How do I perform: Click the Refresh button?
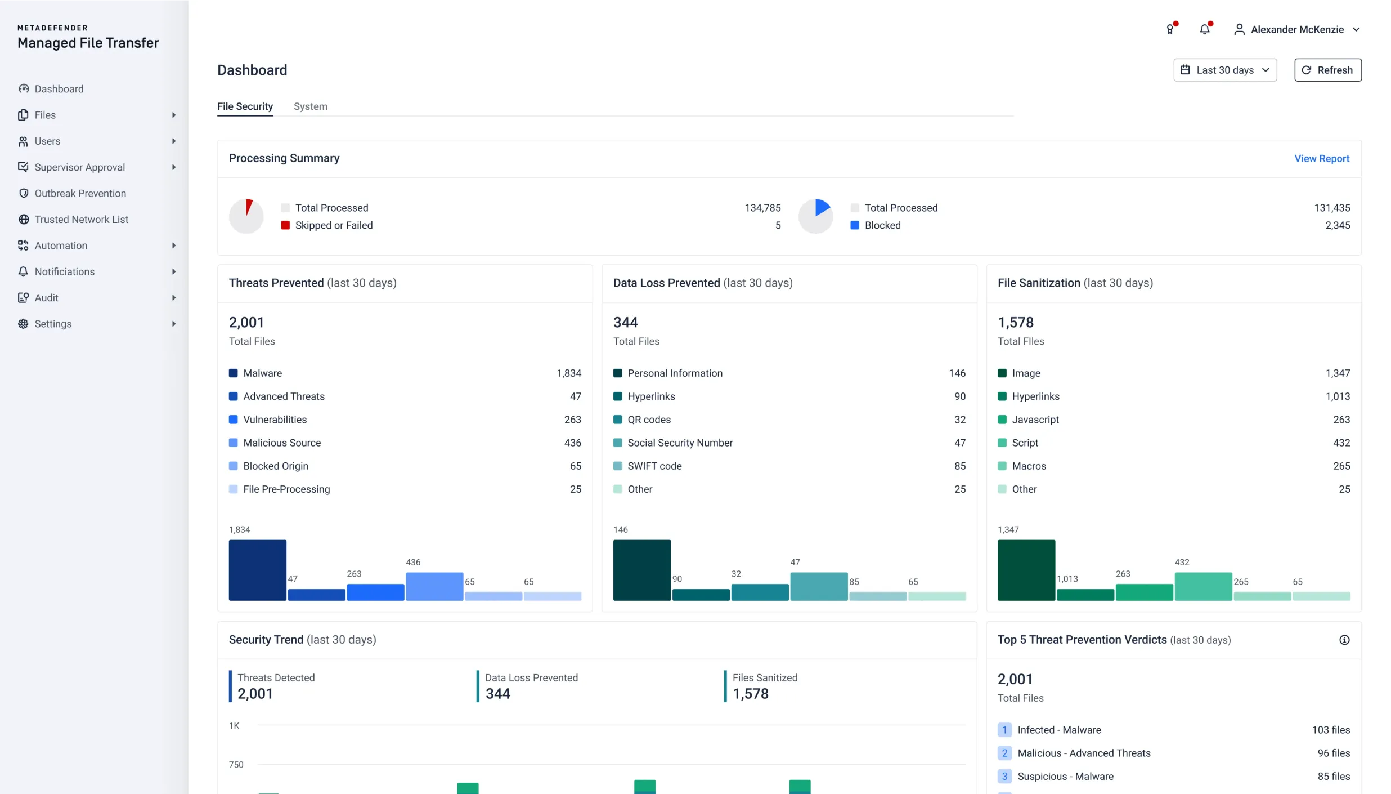[1327, 70]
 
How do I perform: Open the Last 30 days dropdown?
[1224, 70]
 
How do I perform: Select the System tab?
[310, 106]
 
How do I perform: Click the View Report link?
[1321, 158]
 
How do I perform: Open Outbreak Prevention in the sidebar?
[80, 193]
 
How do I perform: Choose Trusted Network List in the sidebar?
[81, 219]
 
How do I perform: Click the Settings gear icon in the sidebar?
[23, 324]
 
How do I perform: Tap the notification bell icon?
[1204, 29]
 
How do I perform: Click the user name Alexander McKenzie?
[1297, 29]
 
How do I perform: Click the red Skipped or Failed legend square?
[285, 225]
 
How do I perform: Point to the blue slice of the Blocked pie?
[822, 207]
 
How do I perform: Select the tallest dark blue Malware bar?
[257, 570]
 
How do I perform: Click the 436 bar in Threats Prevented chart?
[434, 586]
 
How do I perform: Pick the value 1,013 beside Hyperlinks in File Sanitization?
[1338, 396]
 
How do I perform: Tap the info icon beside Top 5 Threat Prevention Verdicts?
[1344, 640]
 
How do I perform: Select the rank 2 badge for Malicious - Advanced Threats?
[1004, 753]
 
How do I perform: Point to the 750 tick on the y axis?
[236, 764]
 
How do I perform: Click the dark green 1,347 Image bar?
[1026, 570]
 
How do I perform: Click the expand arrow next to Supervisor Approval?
[173, 167]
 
